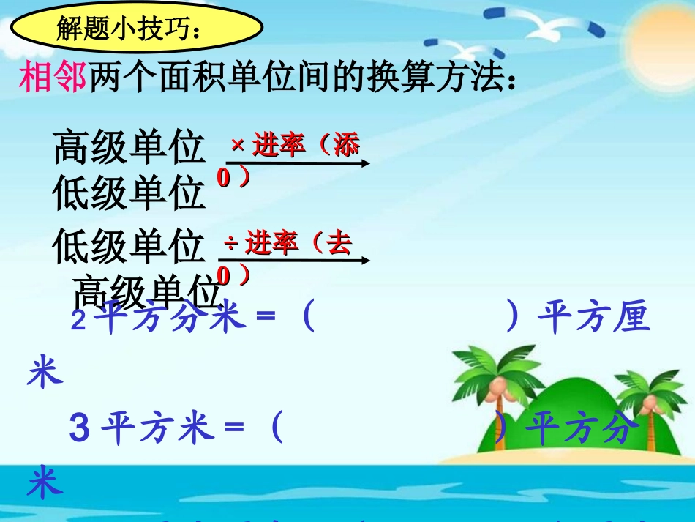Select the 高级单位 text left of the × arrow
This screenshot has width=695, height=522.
pyautogui.click(x=129, y=148)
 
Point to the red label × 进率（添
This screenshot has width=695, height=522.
pyautogui.click(x=296, y=145)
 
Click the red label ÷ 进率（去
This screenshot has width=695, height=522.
pyautogui.click(x=288, y=242)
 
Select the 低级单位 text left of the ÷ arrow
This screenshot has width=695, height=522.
pyautogui.click(x=129, y=247)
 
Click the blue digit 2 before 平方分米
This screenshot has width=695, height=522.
pyautogui.click(x=78, y=321)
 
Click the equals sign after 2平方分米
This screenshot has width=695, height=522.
pyautogui.click(x=264, y=320)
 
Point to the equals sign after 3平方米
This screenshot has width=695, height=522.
pyautogui.click(x=233, y=429)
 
